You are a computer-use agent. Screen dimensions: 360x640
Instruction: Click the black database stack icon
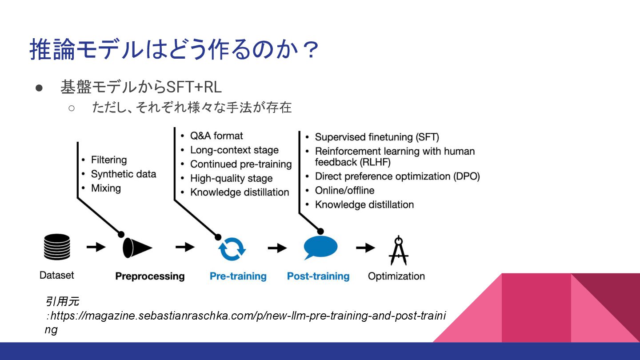[x=57, y=247]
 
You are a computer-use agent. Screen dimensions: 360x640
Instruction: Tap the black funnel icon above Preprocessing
[x=136, y=248]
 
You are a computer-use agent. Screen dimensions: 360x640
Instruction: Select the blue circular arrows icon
[x=232, y=248]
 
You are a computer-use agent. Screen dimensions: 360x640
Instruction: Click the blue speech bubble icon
[x=320, y=247]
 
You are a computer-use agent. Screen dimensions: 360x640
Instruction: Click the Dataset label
[x=57, y=275]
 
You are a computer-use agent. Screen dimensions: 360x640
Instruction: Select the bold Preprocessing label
[x=150, y=276]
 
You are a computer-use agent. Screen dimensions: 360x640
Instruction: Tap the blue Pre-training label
[x=238, y=276]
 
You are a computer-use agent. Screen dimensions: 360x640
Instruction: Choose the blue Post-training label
[x=318, y=276]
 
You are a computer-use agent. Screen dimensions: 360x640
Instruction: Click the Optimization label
[x=396, y=276]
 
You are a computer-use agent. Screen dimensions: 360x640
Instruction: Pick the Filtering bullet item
[x=109, y=160]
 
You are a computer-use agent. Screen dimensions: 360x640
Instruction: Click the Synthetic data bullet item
[x=124, y=174]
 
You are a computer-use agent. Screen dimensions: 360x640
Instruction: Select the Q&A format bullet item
[x=216, y=136]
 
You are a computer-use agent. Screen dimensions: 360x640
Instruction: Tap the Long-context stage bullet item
[x=234, y=150]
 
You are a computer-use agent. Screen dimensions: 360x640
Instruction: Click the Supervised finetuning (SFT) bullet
[x=377, y=137]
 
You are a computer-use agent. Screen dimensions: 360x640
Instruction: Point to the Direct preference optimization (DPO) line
[x=397, y=176]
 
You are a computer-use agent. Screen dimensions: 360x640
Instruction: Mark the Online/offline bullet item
[x=344, y=191]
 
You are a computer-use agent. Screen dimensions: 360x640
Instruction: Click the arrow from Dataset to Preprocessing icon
[x=96, y=247]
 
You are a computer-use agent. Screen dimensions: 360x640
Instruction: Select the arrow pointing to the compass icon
[x=365, y=248]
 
